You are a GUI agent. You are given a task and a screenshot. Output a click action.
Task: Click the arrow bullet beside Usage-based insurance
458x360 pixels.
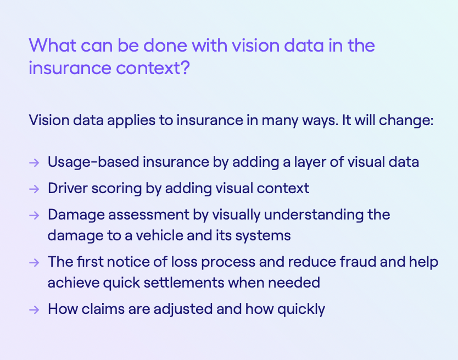point(34,162)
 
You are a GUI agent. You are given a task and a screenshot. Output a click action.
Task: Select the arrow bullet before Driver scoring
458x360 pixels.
point(34,189)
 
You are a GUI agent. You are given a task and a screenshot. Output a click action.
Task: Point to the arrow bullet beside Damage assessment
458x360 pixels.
point(34,215)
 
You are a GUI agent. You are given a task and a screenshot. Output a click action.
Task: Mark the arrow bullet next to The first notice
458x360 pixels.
point(34,262)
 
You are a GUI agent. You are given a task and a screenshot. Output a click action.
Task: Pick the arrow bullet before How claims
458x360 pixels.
point(34,310)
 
